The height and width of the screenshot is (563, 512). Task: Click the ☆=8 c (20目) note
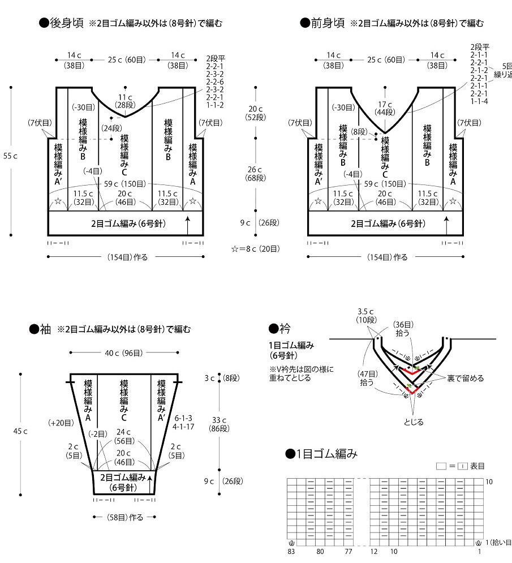[x=255, y=248]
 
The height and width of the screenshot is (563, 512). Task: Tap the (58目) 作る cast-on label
[x=124, y=517]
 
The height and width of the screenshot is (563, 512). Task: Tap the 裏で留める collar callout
[x=465, y=378]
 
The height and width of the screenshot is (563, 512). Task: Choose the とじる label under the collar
[x=413, y=422]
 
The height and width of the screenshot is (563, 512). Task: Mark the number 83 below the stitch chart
[x=292, y=551]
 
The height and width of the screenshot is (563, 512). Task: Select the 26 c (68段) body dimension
[x=252, y=174]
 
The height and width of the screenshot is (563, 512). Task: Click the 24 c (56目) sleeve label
[x=123, y=436]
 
